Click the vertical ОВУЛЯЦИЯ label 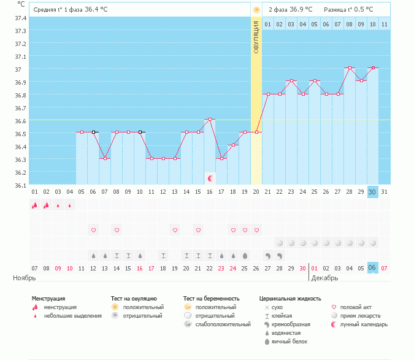tap(256, 37)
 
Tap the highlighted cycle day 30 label tap(373, 191)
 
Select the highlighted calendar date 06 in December tap(373, 268)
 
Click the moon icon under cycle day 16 tap(210, 178)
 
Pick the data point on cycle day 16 tap(210, 119)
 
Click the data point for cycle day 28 tap(350, 67)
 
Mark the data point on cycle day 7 tap(105, 158)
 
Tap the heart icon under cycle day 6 tap(94, 230)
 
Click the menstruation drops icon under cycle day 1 tap(35, 205)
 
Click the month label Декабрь tap(325, 278)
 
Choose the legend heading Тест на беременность tap(213, 299)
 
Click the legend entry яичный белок tap(290, 341)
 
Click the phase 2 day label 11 tap(385, 24)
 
